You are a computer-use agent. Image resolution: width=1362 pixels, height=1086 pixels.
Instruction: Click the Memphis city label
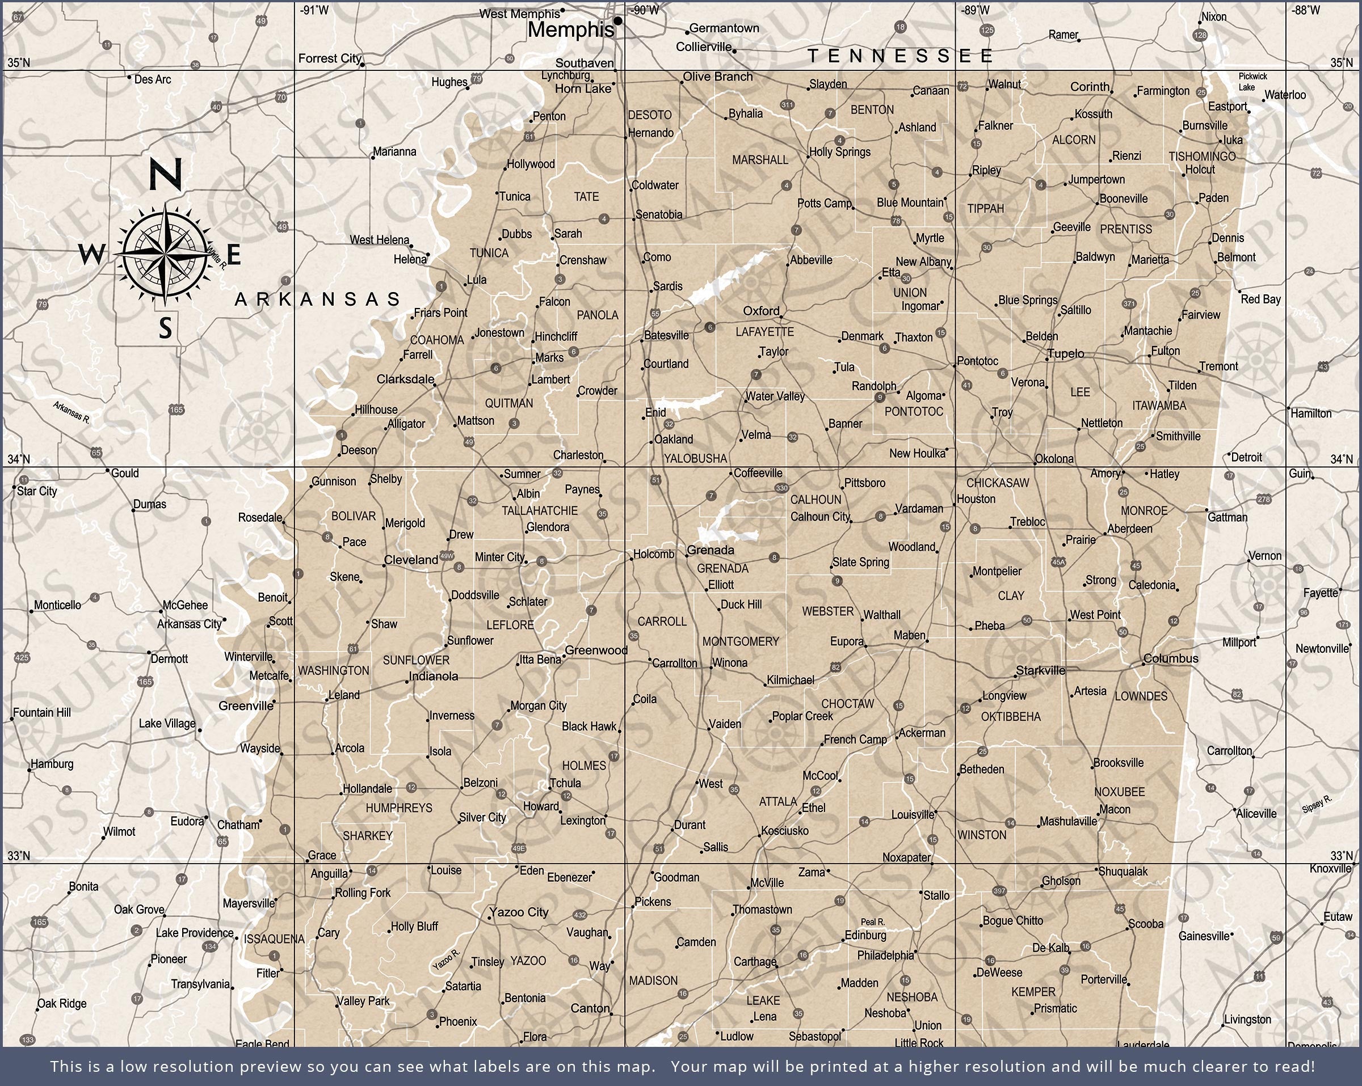tap(570, 29)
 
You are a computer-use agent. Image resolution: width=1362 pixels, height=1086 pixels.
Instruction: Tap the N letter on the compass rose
tap(166, 174)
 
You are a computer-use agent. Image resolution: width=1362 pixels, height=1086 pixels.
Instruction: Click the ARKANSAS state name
tap(318, 299)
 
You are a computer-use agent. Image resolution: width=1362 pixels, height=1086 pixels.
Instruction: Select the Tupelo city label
tap(1066, 353)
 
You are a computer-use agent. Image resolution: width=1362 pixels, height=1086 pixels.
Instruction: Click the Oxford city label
tap(760, 311)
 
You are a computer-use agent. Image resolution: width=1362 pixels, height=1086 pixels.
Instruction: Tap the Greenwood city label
tap(596, 650)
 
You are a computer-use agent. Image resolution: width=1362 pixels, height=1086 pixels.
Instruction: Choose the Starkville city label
tap(1040, 670)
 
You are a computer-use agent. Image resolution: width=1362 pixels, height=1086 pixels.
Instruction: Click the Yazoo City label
tap(519, 912)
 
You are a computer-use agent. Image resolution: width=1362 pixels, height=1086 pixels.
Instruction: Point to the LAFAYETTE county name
tap(764, 332)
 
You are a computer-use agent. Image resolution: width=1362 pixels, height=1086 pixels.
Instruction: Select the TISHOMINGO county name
tap(1201, 156)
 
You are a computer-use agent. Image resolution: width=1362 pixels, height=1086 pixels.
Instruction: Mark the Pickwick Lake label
tap(1252, 82)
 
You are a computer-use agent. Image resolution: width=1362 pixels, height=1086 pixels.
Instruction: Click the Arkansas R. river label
tap(72, 412)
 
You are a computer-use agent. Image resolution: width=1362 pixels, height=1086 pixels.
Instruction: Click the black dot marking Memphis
tap(618, 21)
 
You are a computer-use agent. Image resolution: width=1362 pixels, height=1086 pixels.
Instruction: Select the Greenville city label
tap(246, 706)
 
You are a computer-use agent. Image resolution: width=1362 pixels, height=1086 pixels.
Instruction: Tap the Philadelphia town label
tap(885, 956)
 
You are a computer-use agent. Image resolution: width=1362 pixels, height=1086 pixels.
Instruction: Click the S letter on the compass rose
tap(166, 328)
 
